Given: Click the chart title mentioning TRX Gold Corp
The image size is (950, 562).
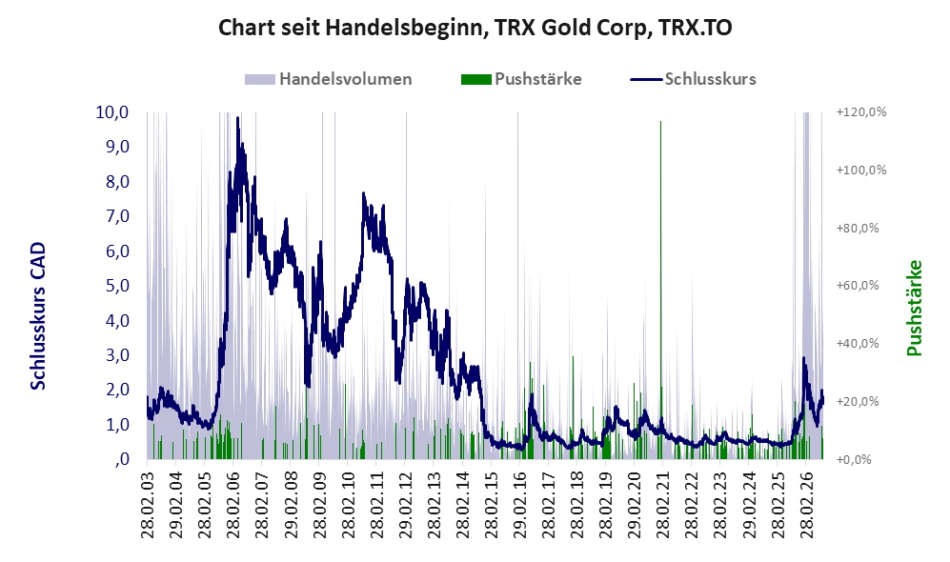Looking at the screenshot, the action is pos(475,28).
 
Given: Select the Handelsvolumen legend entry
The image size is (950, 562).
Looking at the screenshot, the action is pos(329,79).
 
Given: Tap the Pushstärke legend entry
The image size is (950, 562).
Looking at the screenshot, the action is pos(521,79).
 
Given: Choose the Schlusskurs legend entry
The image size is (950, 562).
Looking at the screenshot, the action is pos(693,79).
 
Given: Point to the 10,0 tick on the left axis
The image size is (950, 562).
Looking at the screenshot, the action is pos(112,112).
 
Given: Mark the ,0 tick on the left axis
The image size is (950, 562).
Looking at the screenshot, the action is pos(121,459).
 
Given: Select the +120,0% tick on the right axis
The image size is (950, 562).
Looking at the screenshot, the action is pos(861,112).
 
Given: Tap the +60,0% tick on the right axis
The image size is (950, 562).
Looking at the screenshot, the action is pos(858,285).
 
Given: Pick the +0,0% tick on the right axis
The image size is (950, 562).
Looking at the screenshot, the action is pos(854,459).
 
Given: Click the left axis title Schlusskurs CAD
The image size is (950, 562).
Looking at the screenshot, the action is pos(37,316).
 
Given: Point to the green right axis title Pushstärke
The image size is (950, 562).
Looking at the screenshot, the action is pos(914,308).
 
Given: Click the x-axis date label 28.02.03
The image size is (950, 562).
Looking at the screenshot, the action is pos(148,500).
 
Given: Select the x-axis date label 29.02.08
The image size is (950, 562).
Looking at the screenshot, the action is pos(291,500).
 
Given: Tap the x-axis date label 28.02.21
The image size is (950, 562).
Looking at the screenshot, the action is pos(662,500).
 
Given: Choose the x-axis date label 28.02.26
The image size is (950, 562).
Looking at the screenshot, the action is pos(805,500).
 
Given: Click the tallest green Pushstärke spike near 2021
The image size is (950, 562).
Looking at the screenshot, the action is pos(660,290).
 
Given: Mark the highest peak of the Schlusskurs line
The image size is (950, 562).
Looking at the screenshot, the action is pos(237,117).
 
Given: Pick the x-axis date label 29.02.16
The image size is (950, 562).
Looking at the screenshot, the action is pos(519,500).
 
